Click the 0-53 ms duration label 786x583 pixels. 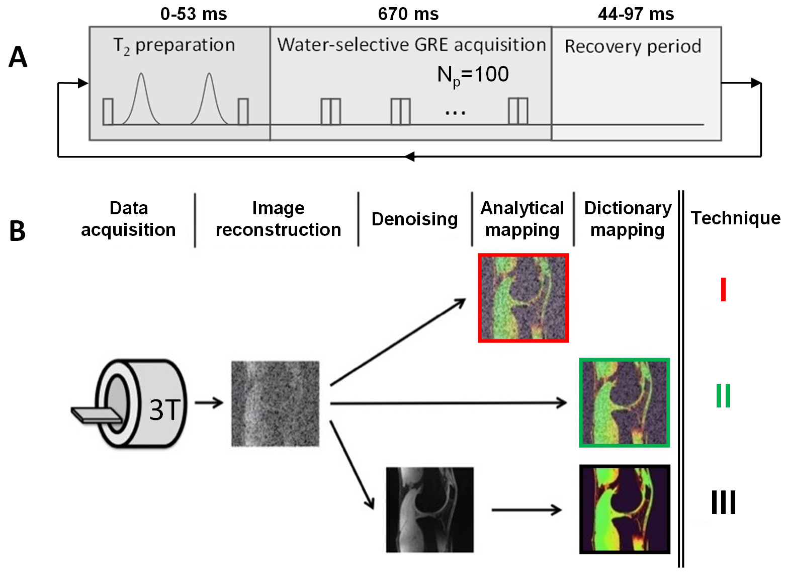coord(194,14)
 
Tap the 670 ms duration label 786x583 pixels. coord(408,14)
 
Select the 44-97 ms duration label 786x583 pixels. coord(636,14)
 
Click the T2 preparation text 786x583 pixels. coord(174,45)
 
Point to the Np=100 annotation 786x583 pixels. coord(473,75)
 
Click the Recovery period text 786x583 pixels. coord(633,46)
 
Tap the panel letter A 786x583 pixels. coord(18,57)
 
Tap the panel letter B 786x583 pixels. coord(18,231)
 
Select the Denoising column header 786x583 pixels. coord(414,219)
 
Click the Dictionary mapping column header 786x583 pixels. coord(628,219)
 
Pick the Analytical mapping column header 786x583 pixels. coord(522,219)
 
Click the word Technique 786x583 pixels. coord(735,218)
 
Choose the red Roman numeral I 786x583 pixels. coord(723,289)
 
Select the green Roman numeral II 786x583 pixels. coord(723,395)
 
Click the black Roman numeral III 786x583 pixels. coord(723,502)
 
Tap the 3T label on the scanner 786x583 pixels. coord(164,409)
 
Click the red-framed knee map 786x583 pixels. coord(523,298)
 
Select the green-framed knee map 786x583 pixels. coord(624,402)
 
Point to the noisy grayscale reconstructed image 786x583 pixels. coord(275,403)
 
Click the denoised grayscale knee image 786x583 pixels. coord(429,510)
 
